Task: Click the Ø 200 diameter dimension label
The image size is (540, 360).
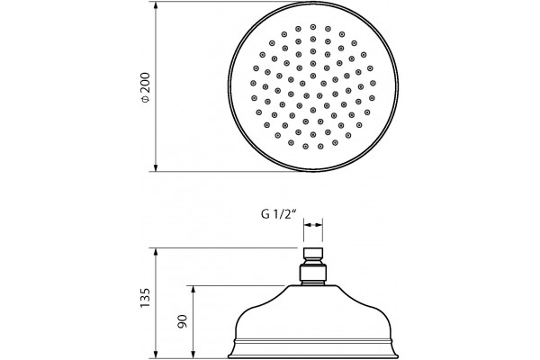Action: point(146,87)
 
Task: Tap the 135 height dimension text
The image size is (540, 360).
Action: point(146,298)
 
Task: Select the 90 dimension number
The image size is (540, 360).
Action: point(183,321)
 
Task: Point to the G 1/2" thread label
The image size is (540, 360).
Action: point(279,214)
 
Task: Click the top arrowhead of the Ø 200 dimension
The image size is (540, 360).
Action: point(156,5)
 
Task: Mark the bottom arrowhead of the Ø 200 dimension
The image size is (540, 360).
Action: point(156,167)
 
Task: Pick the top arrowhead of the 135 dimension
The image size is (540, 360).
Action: point(156,252)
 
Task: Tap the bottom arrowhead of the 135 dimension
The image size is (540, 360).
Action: point(156,355)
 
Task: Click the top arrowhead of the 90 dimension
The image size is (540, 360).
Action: point(193,290)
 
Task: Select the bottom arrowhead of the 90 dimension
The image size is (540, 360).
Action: point(193,355)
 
